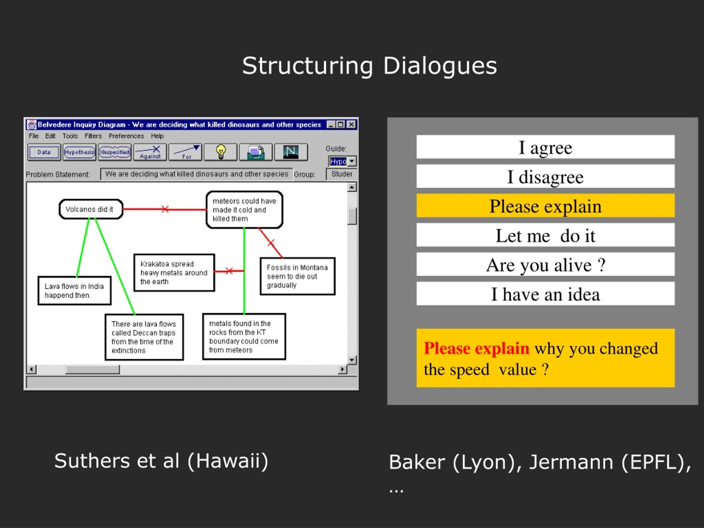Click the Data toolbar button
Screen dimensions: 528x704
click(44, 152)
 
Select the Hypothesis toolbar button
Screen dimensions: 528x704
click(79, 152)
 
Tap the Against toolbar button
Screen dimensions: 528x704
click(150, 152)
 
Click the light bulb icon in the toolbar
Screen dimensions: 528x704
click(221, 152)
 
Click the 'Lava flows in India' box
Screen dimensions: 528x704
click(75, 291)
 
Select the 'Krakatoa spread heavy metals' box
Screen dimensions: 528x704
click(174, 273)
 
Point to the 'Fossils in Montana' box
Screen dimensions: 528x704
click(298, 276)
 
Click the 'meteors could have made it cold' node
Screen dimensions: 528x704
click(244, 210)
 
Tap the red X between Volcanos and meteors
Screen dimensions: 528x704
click(165, 209)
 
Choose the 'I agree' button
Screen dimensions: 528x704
click(545, 147)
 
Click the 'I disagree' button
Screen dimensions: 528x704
click(545, 176)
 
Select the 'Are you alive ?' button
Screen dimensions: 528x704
click(545, 265)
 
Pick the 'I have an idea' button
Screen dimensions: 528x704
click(545, 294)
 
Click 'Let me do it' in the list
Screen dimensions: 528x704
click(545, 235)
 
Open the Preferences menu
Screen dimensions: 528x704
click(126, 136)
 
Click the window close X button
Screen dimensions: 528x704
click(351, 125)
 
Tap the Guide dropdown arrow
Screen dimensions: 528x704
click(352, 161)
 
